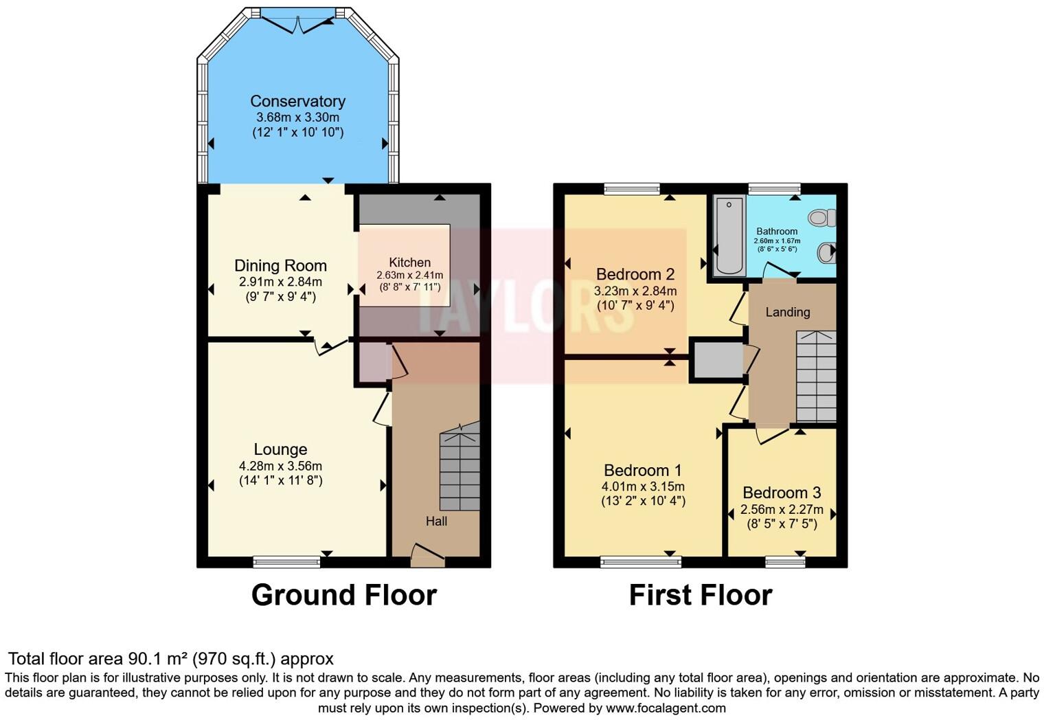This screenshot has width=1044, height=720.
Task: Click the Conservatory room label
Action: pyautogui.click(x=297, y=101)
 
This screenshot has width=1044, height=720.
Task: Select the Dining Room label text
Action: pyautogui.click(x=280, y=266)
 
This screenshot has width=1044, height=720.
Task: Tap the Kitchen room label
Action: pyautogui.click(x=409, y=262)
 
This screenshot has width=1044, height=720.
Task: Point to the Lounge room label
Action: pyautogui.click(x=280, y=449)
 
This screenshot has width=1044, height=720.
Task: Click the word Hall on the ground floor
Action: pyautogui.click(x=436, y=521)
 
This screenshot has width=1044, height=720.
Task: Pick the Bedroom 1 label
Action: pyautogui.click(x=642, y=471)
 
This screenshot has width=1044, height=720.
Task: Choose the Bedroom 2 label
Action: pyautogui.click(x=635, y=274)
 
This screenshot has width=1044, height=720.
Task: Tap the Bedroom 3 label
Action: pyautogui.click(x=782, y=493)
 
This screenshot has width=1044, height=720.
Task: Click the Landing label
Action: pyautogui.click(x=788, y=312)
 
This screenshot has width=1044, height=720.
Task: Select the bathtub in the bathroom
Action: pyautogui.click(x=729, y=235)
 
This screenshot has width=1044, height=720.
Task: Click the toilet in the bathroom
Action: pyautogui.click(x=821, y=218)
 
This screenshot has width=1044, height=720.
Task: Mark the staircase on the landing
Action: pyautogui.click(x=816, y=376)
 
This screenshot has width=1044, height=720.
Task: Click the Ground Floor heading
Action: pyautogui.click(x=343, y=595)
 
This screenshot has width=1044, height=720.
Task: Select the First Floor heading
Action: pyautogui.click(x=701, y=595)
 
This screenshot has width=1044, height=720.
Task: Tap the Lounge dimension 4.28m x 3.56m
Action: pyautogui.click(x=280, y=466)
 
